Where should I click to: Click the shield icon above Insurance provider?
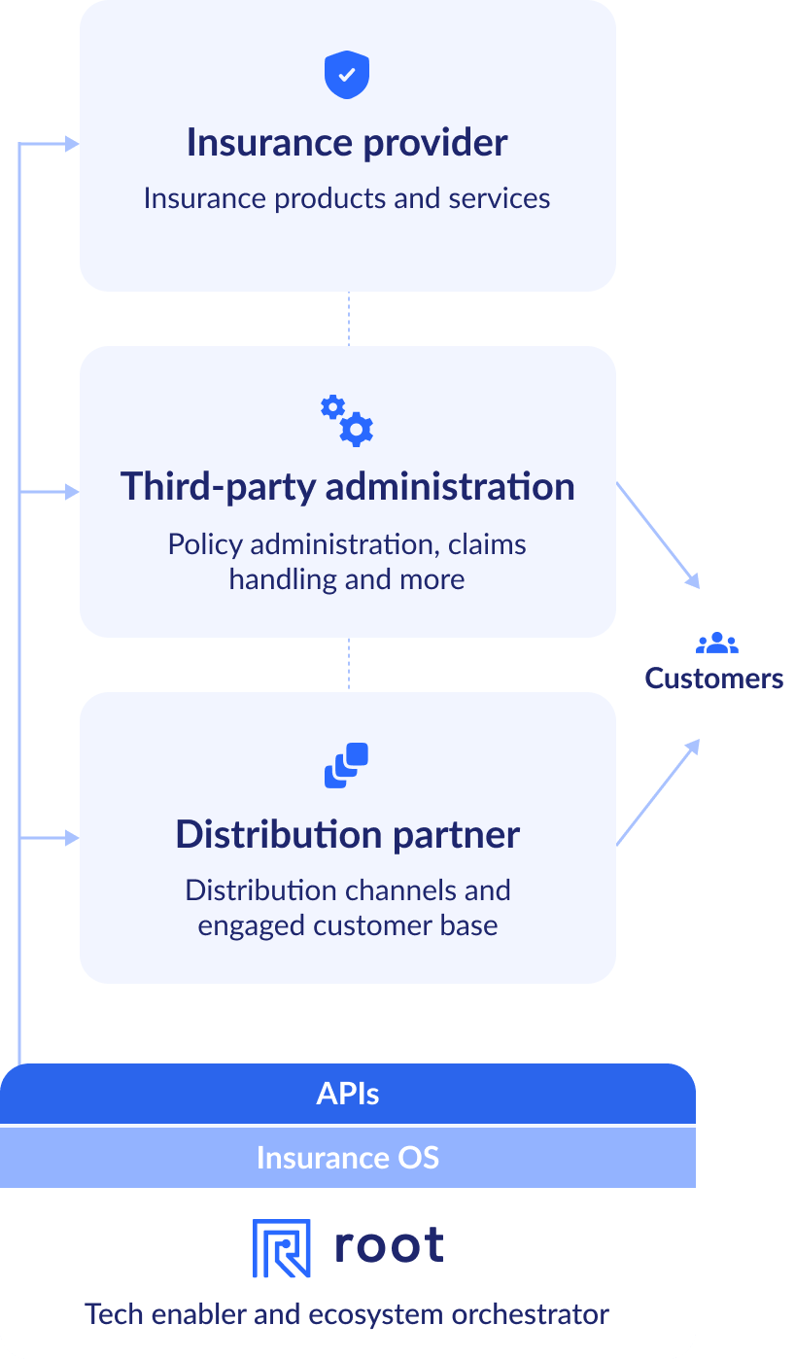click(347, 76)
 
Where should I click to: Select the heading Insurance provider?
click(347, 143)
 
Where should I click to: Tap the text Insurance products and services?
click(347, 198)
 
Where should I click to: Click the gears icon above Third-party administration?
click(347, 421)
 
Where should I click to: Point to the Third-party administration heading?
click(347, 486)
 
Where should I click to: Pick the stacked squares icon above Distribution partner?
click(347, 765)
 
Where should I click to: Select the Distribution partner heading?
click(347, 835)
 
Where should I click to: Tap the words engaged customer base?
click(347, 925)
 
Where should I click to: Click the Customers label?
click(713, 679)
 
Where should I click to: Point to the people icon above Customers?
click(716, 643)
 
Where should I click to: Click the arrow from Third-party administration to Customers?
click(658, 536)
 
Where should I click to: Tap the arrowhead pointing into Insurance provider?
click(72, 145)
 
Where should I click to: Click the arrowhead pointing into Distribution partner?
click(72, 838)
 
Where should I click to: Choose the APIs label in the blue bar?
click(347, 1095)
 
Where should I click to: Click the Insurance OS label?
click(347, 1158)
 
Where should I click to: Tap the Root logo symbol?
click(281, 1248)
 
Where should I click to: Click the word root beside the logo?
click(389, 1246)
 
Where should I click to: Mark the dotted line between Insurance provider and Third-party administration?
click(349, 319)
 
